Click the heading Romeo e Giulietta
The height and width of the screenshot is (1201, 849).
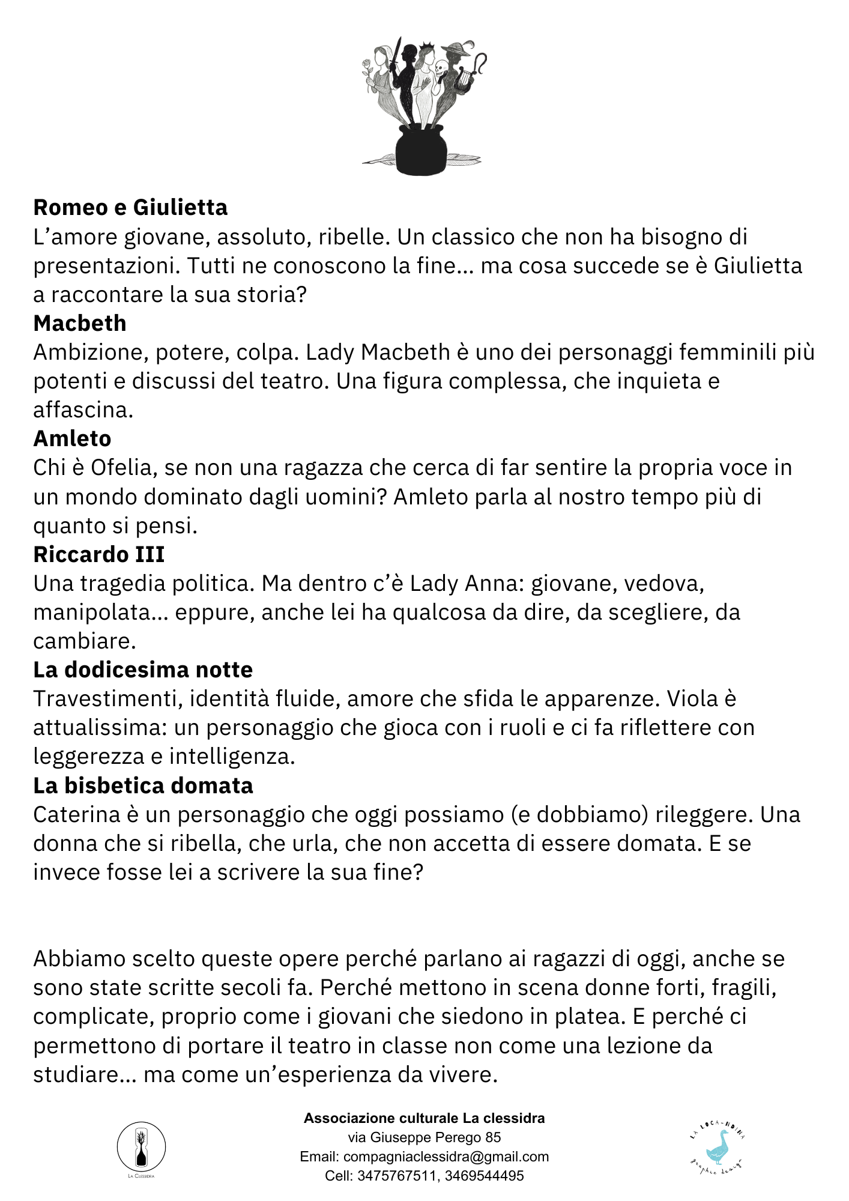[x=130, y=207]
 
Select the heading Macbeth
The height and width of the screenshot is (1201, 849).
[x=80, y=323]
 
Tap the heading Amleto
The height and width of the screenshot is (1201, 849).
[x=72, y=438]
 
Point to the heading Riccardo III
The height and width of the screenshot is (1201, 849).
[x=98, y=554]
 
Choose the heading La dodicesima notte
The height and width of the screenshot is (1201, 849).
[x=143, y=670]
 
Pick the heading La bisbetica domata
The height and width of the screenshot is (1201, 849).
[x=143, y=785]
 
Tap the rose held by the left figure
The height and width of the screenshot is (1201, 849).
[x=367, y=65]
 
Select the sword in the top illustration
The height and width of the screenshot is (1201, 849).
[x=395, y=54]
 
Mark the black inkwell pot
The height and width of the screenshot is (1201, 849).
[x=421, y=150]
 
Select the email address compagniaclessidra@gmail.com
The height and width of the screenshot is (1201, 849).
[x=446, y=1157]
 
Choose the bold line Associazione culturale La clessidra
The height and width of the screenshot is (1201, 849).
[x=424, y=1118]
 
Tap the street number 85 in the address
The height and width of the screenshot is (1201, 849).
[x=493, y=1137]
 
